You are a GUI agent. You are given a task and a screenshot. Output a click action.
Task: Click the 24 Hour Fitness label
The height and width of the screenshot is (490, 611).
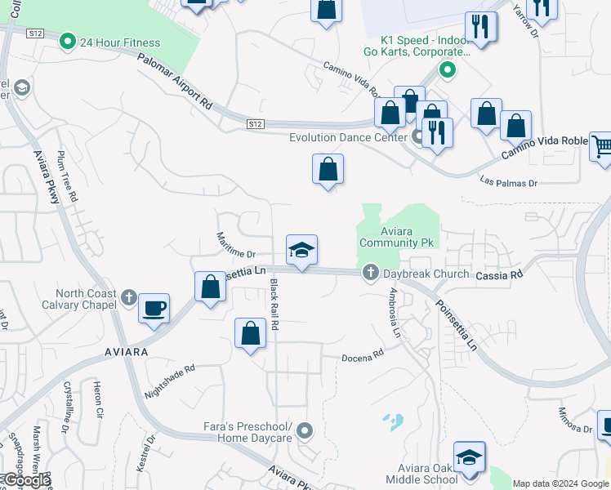point(120,42)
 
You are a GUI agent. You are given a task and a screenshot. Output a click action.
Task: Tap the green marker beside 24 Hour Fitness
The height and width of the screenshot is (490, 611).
point(68,41)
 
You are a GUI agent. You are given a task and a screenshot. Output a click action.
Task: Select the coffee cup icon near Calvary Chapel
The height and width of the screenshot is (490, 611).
point(154,309)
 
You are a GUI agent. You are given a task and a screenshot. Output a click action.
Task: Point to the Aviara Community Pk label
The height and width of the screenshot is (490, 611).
point(399,237)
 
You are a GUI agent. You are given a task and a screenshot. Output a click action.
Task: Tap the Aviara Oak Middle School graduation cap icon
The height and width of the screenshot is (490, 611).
point(470,457)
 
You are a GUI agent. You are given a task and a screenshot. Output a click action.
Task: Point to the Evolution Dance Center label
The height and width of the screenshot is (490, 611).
point(348,137)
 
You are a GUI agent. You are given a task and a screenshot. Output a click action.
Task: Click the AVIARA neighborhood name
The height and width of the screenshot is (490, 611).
point(126,351)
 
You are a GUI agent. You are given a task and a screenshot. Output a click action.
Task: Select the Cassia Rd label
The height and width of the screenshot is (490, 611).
point(499,276)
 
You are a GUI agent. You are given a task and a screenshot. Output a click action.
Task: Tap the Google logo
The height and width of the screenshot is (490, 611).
point(25,481)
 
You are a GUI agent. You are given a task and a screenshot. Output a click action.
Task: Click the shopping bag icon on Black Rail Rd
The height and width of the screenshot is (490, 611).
point(250,334)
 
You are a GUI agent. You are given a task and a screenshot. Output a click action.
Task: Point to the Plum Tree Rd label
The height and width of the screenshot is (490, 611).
point(68,176)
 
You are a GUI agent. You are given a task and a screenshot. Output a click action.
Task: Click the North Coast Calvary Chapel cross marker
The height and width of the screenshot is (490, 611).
point(130,297)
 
